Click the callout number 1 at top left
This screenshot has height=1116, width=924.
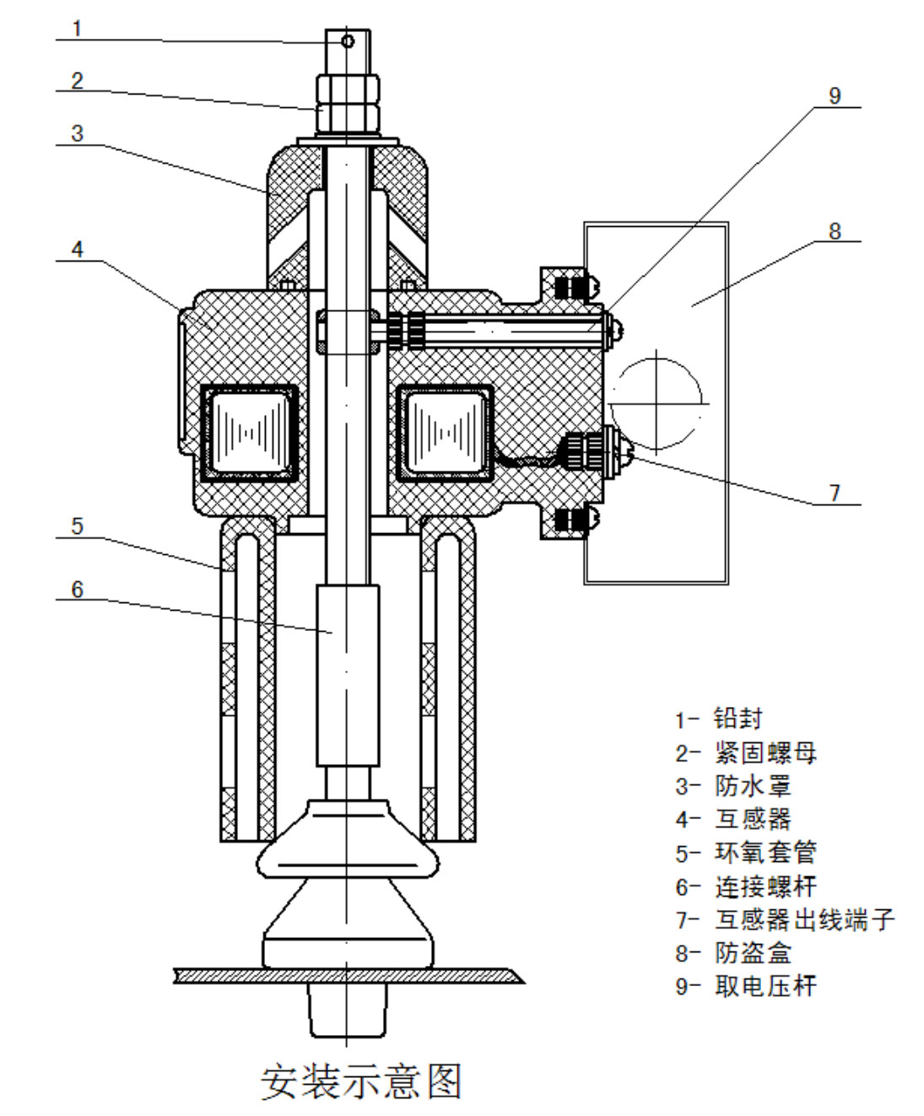[x=78, y=29]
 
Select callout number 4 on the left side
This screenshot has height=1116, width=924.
[x=78, y=250]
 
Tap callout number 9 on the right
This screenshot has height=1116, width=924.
[x=835, y=95]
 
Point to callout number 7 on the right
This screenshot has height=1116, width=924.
[x=835, y=493]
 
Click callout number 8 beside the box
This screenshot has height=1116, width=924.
[x=835, y=231]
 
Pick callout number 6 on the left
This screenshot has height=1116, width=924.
[x=78, y=589]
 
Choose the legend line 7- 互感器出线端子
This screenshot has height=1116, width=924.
[x=784, y=919]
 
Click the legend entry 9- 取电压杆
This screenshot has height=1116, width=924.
[x=746, y=986]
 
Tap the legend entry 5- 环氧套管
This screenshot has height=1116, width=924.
[x=746, y=853]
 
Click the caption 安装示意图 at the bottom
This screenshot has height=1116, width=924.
[x=361, y=1082]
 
